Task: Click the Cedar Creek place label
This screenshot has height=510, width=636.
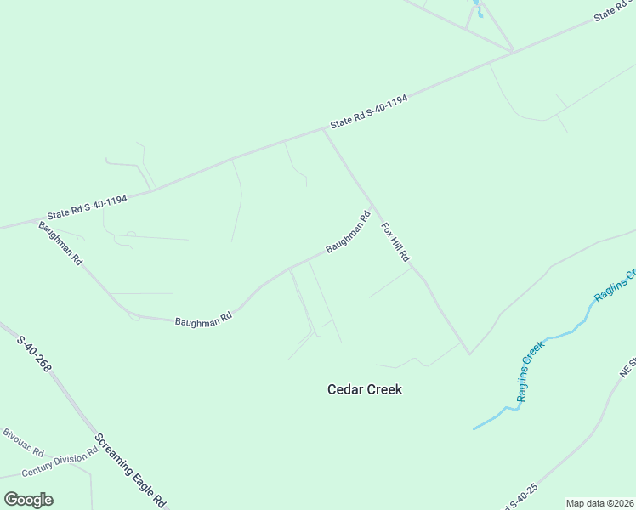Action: [x=364, y=389]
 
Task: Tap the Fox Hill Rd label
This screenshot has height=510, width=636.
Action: [x=395, y=241]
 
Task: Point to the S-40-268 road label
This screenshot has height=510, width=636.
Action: [x=34, y=353]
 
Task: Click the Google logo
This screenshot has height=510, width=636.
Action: [x=28, y=500]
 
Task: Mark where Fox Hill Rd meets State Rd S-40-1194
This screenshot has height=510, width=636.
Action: [x=324, y=130]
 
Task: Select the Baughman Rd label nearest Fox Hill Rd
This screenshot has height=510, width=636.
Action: [x=349, y=232]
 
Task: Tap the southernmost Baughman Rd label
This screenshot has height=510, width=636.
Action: [x=203, y=320]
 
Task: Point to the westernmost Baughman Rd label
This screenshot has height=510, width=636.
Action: [x=60, y=244]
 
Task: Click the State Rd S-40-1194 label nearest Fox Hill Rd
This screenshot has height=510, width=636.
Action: [x=369, y=111]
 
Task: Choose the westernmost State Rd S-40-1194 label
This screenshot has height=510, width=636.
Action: [x=88, y=207]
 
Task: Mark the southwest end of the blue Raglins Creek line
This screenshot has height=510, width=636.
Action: [x=474, y=428]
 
